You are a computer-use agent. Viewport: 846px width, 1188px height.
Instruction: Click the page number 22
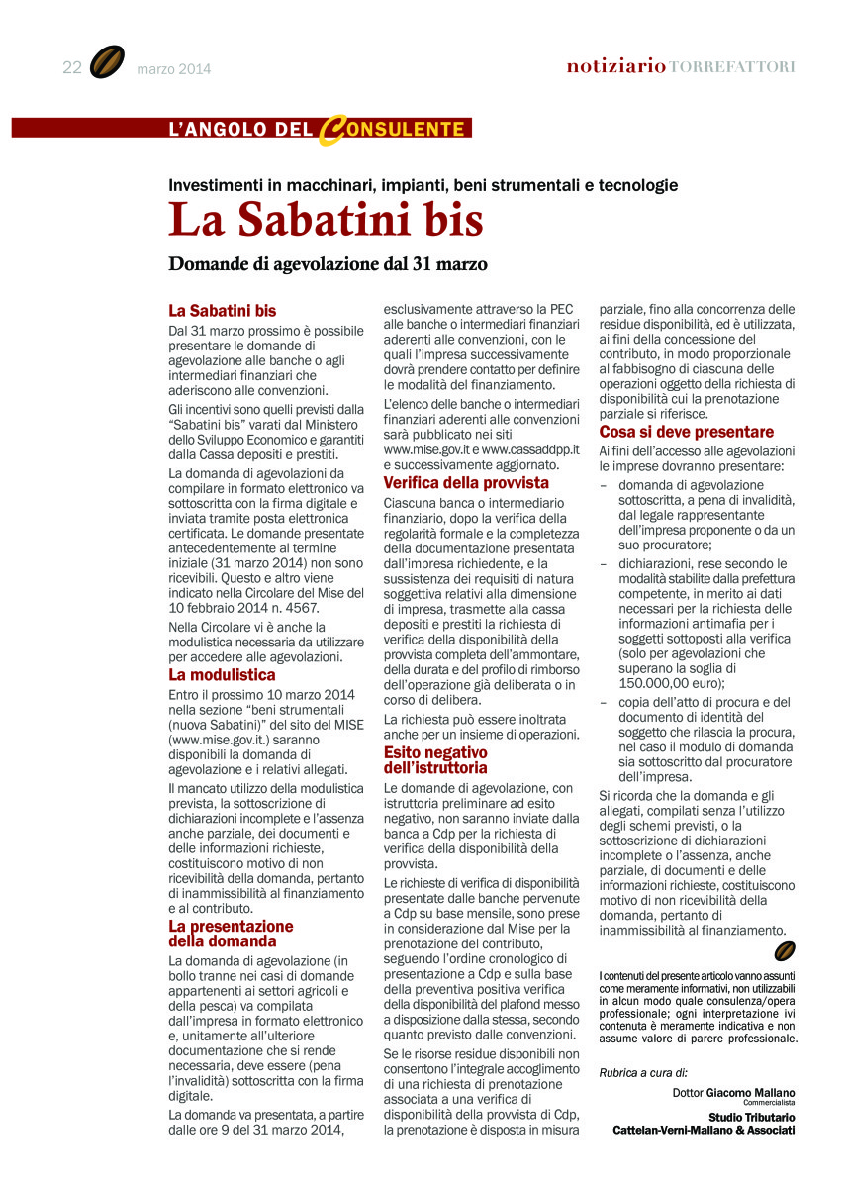point(71,67)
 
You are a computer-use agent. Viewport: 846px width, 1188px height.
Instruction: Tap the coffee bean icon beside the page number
point(106,62)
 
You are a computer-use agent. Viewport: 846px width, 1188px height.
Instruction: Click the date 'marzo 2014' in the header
point(173,69)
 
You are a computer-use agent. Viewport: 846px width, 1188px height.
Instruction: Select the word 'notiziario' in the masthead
point(615,66)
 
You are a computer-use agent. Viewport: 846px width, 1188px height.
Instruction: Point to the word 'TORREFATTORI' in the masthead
point(732,67)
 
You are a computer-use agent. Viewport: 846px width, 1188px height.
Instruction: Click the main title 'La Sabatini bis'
point(326,220)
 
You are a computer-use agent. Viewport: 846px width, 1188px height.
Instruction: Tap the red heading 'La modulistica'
point(222,675)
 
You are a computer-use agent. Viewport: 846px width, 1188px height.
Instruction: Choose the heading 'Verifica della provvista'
point(465,483)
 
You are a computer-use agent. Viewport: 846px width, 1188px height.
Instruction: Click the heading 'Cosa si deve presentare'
point(687,433)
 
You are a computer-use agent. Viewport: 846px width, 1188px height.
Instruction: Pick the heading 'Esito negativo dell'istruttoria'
point(435,759)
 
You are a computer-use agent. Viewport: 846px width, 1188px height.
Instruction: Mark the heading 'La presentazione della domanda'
point(231,934)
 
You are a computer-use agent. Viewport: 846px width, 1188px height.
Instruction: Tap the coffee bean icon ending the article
point(785,951)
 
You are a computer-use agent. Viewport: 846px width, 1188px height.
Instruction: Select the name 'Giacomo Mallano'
point(750,1093)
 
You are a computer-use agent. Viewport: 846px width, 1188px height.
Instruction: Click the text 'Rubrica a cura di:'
point(643,1072)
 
